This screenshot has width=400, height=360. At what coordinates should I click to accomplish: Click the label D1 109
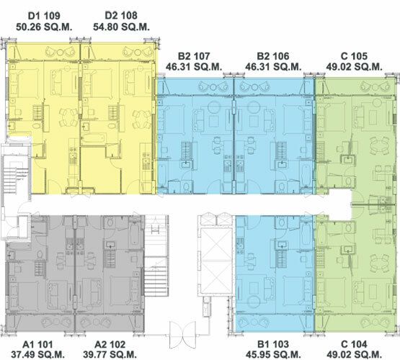point(44,16)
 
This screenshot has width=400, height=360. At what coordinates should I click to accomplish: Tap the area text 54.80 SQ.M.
point(121,27)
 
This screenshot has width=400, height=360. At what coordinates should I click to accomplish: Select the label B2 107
point(194,55)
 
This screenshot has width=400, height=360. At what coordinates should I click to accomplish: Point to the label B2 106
point(273,55)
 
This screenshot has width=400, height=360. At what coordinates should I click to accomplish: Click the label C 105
point(354,55)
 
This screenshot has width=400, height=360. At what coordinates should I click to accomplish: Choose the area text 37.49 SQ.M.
point(37,354)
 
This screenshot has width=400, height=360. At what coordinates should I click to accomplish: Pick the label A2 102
point(110,344)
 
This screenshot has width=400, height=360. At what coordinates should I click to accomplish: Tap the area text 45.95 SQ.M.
point(273,354)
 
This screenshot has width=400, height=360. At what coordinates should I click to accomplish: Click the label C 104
point(354,344)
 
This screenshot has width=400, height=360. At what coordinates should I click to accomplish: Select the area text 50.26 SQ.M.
point(44,27)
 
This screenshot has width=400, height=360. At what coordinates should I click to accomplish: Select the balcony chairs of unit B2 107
point(213,87)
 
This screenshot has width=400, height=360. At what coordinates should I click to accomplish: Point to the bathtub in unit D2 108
point(93,139)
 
